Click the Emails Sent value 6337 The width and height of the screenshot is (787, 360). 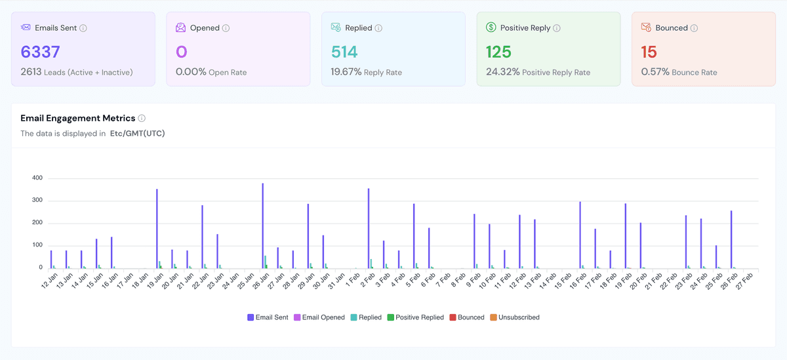point(41,52)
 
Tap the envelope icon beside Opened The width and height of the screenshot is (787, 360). point(181,28)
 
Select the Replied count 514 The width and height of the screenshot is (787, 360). point(344,52)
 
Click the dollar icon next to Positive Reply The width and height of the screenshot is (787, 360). point(491,28)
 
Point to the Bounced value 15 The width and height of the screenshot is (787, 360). point(649,52)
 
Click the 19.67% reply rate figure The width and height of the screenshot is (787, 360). point(346,72)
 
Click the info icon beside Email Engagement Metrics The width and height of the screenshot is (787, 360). point(142,119)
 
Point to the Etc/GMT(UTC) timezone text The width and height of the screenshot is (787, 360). point(137,133)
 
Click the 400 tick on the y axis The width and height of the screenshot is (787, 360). point(37,178)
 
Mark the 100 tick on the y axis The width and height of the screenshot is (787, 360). point(37,246)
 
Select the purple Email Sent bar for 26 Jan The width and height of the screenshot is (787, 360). point(263,226)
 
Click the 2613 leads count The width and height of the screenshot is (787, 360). point(31,72)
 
